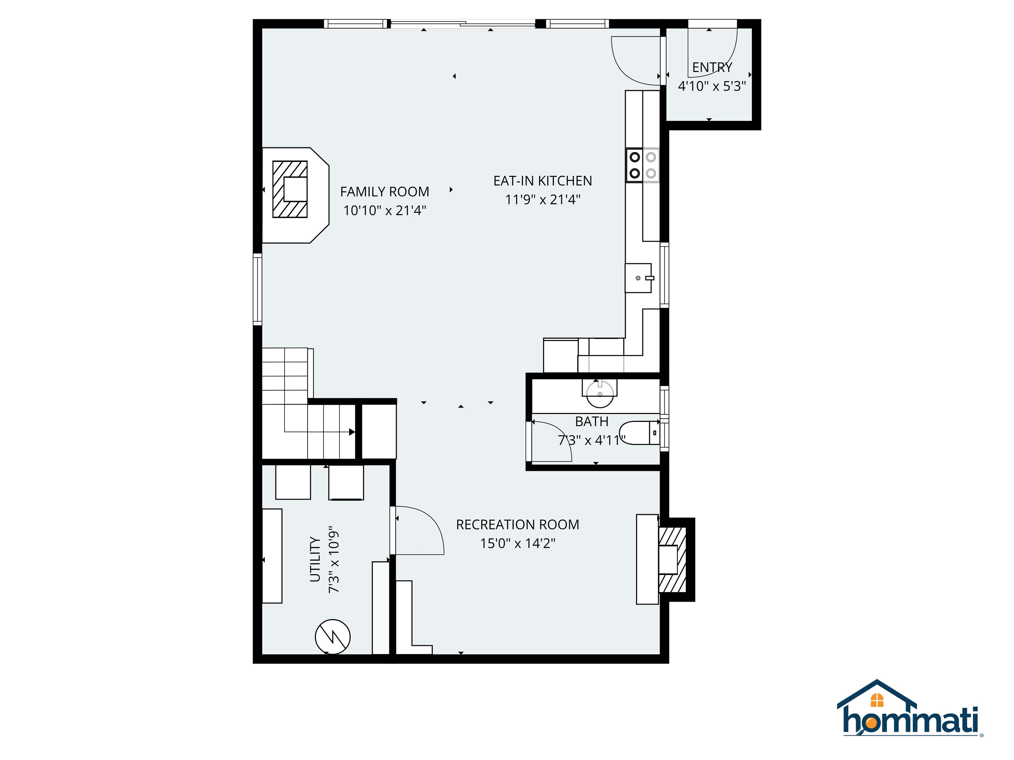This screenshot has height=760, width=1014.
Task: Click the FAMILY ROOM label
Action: (x=384, y=192)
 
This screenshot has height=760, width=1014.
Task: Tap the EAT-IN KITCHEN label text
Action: (x=542, y=181)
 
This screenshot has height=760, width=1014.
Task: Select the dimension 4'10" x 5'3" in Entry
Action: (x=711, y=86)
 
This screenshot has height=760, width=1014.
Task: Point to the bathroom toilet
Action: (x=639, y=433)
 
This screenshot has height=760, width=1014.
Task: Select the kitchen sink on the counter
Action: (x=638, y=278)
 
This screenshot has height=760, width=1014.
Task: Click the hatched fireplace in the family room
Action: (x=290, y=189)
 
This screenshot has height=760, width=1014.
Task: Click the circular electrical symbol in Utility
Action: (x=332, y=637)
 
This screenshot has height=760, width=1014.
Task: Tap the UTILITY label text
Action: (x=315, y=559)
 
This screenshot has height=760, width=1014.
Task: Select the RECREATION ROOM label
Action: (x=517, y=524)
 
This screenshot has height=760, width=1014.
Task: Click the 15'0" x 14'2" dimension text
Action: (x=517, y=543)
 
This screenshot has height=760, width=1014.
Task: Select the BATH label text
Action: (x=591, y=422)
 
